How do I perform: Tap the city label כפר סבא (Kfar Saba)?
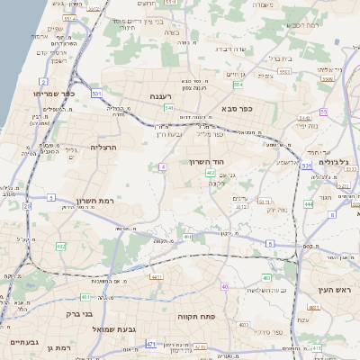pyautogui.click(x=237, y=108)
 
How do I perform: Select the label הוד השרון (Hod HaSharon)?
pyautogui.click(x=205, y=161)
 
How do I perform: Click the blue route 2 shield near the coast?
pyautogui.click(x=43, y=81)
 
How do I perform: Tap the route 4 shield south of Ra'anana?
pyautogui.click(x=162, y=166)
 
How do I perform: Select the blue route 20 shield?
pyautogui.click(x=27, y=206)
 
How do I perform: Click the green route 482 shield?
pyautogui.click(x=60, y=246)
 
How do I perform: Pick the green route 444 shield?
pyautogui.click(x=308, y=204)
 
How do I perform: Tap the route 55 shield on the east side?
pyautogui.click(x=323, y=112)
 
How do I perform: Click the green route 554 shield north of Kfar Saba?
pyautogui.click(x=238, y=85)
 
